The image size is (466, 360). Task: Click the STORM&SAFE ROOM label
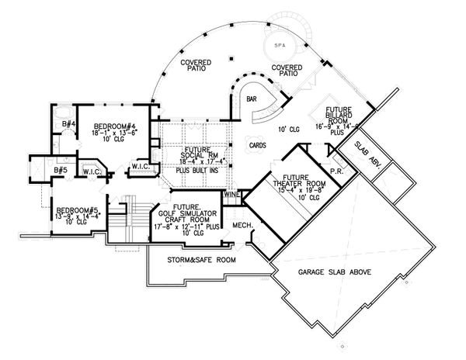click(x=192, y=261)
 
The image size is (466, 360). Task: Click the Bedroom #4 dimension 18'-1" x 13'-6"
click(x=115, y=133)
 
